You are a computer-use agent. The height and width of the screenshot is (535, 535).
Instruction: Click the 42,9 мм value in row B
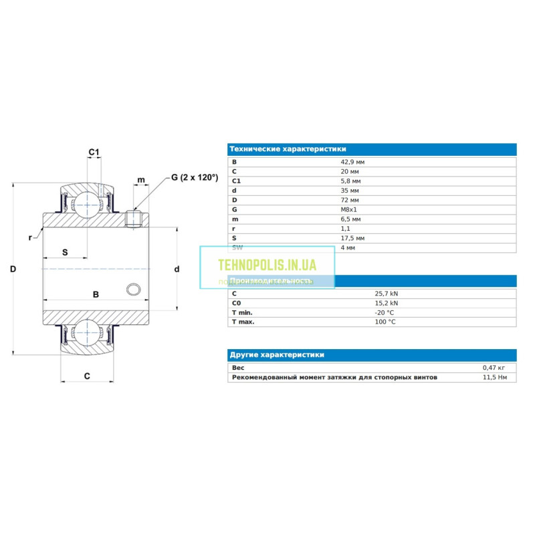pos(352,162)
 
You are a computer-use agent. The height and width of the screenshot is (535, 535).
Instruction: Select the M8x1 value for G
pos(349,209)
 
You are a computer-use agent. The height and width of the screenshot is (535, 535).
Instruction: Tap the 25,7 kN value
pos(386,294)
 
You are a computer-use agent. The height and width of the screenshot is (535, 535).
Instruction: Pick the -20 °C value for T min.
pos(385,312)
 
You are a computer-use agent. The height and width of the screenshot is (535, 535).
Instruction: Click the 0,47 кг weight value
pos(493,368)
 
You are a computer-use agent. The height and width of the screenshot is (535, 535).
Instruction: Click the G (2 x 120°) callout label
pos(195,177)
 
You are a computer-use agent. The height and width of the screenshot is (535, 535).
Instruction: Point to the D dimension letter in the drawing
pos(13,269)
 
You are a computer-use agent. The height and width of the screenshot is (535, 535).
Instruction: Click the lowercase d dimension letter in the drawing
pos(177,269)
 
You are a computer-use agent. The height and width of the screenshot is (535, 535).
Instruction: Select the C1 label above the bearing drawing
pos(94,152)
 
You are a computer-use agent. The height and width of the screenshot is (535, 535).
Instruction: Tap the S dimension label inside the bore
pos(65,252)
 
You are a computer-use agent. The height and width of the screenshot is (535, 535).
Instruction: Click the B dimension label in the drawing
pos(96,294)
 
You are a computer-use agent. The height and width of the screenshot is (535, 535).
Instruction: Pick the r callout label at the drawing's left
pos(31,237)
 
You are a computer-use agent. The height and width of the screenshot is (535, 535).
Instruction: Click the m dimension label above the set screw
pos(140,180)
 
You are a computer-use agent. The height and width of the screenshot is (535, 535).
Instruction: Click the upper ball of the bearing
pos(86,202)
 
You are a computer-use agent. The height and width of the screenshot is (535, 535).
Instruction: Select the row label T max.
pos(243,322)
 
